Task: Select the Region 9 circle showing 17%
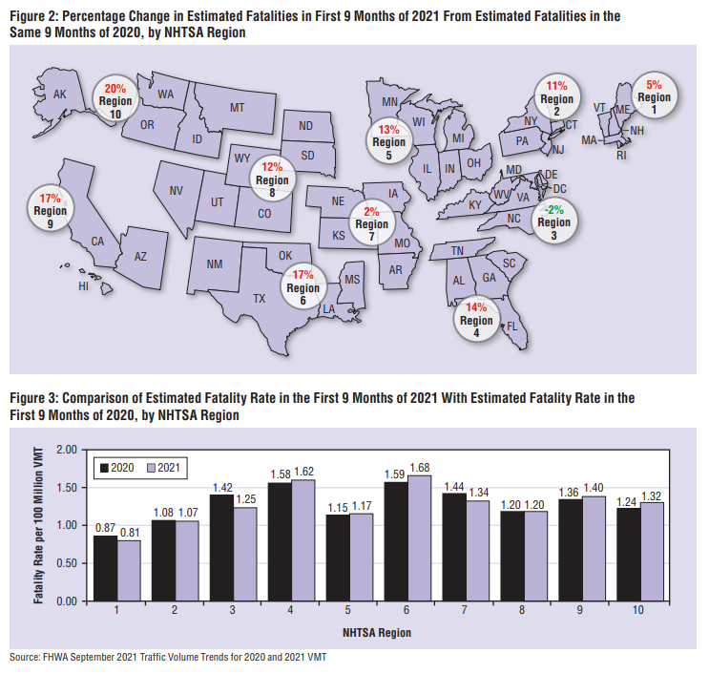(50, 210)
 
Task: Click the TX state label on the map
(259, 298)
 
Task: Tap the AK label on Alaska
(58, 94)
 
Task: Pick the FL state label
(511, 326)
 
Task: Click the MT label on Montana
(238, 109)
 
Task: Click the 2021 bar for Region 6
(420, 539)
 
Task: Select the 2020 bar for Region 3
(221, 548)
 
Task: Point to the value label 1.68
(420, 467)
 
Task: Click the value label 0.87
(106, 527)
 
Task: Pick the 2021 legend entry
(162, 469)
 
